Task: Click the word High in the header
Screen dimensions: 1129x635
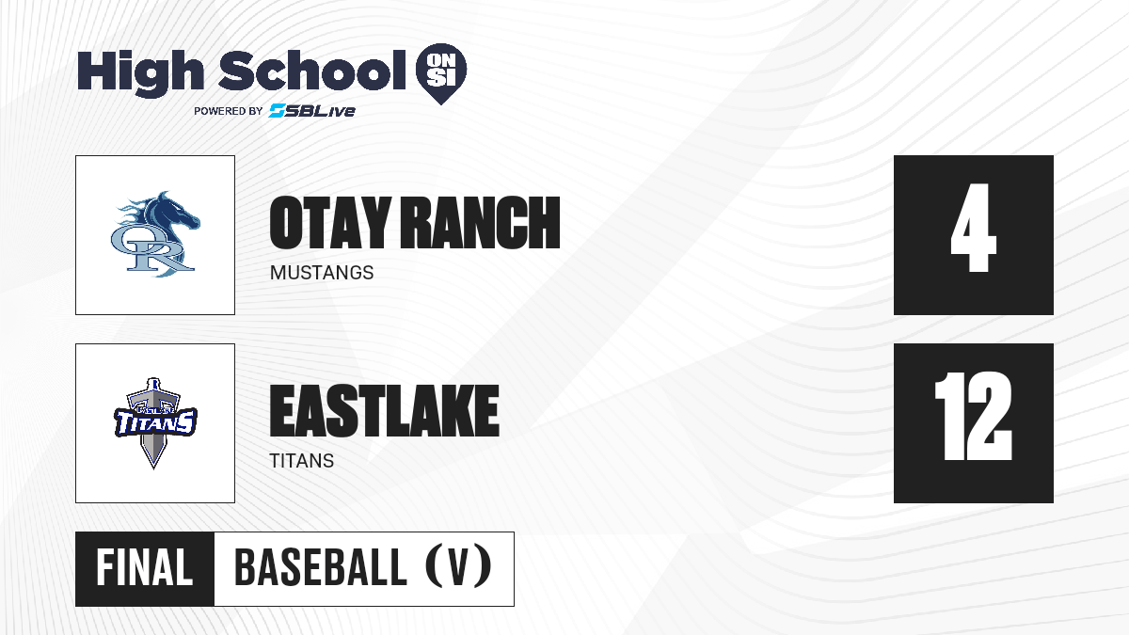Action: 140,72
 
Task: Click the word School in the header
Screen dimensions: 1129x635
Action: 312,71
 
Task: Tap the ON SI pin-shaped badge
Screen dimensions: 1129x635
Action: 441,73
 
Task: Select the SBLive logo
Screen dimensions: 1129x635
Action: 312,111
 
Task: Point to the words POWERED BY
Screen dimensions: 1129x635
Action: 229,111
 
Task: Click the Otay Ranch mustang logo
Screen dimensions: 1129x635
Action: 155,234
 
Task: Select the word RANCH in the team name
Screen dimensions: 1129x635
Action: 480,223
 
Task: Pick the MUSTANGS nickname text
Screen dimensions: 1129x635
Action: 322,273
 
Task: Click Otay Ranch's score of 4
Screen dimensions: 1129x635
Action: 973,228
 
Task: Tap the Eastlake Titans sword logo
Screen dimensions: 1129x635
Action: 155,422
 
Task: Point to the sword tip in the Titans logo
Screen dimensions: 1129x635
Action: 153,468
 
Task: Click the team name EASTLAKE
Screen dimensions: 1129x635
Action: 385,411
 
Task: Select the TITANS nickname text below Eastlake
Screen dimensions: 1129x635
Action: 301,461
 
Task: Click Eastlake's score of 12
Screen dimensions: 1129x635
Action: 973,416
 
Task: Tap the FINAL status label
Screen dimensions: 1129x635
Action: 145,567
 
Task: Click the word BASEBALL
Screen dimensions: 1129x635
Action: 321,567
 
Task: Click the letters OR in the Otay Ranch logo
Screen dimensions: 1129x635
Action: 151,249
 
